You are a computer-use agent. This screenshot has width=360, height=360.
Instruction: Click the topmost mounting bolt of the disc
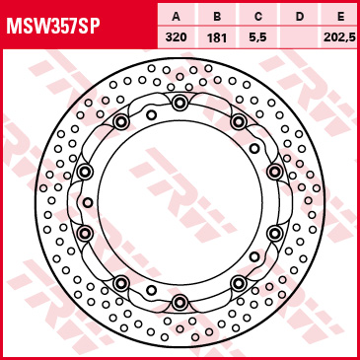(180, 104)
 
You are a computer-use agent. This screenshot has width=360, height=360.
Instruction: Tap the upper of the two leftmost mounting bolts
(85, 172)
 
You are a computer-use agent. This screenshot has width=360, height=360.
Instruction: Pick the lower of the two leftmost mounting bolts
(85, 233)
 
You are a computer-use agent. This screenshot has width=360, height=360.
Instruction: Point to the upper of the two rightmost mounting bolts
(274, 172)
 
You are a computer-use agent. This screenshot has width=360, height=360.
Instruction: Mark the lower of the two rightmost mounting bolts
(274, 233)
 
